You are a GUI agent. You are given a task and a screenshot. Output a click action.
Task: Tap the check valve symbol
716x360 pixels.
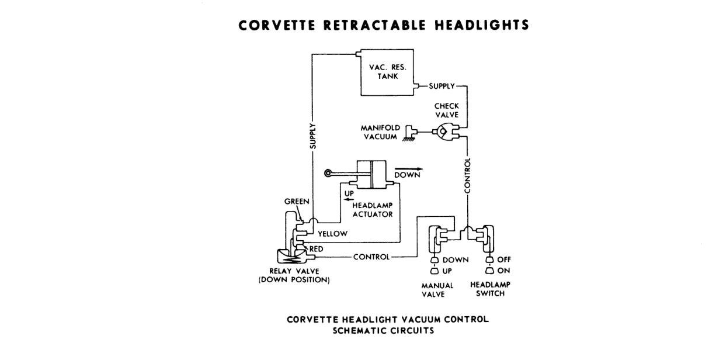(x=446, y=132)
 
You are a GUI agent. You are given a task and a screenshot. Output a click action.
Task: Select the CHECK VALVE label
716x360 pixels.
(x=447, y=110)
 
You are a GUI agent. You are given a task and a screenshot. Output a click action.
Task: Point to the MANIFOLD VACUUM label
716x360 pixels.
(x=380, y=132)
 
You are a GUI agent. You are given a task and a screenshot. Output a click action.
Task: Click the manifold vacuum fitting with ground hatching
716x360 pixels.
(x=410, y=133)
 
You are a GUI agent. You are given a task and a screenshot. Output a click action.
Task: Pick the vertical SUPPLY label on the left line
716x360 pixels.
(x=313, y=136)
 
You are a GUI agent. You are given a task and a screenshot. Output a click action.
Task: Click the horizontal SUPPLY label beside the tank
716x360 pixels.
(x=442, y=86)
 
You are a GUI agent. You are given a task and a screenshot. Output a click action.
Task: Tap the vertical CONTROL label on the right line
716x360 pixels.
(x=467, y=175)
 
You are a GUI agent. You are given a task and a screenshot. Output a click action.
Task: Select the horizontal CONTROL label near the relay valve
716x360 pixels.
(x=371, y=257)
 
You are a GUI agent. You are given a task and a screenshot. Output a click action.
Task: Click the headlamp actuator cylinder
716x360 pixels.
(x=371, y=174)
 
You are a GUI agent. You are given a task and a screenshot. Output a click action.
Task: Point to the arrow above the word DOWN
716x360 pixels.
(x=408, y=169)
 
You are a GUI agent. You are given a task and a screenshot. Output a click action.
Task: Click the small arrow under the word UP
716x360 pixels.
(x=349, y=199)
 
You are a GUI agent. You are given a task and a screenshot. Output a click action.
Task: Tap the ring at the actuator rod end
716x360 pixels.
(x=328, y=173)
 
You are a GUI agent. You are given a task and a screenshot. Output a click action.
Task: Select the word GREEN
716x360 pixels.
(x=297, y=201)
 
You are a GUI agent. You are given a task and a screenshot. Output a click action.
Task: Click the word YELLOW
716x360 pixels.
(x=332, y=234)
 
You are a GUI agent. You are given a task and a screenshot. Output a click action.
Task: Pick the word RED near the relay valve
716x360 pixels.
(x=316, y=249)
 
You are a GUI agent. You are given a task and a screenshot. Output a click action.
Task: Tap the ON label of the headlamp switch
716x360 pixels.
(x=503, y=271)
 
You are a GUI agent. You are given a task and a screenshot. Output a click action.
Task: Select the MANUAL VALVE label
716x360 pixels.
(x=437, y=290)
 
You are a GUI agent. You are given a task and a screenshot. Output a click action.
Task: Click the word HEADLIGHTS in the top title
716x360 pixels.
(x=482, y=25)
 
